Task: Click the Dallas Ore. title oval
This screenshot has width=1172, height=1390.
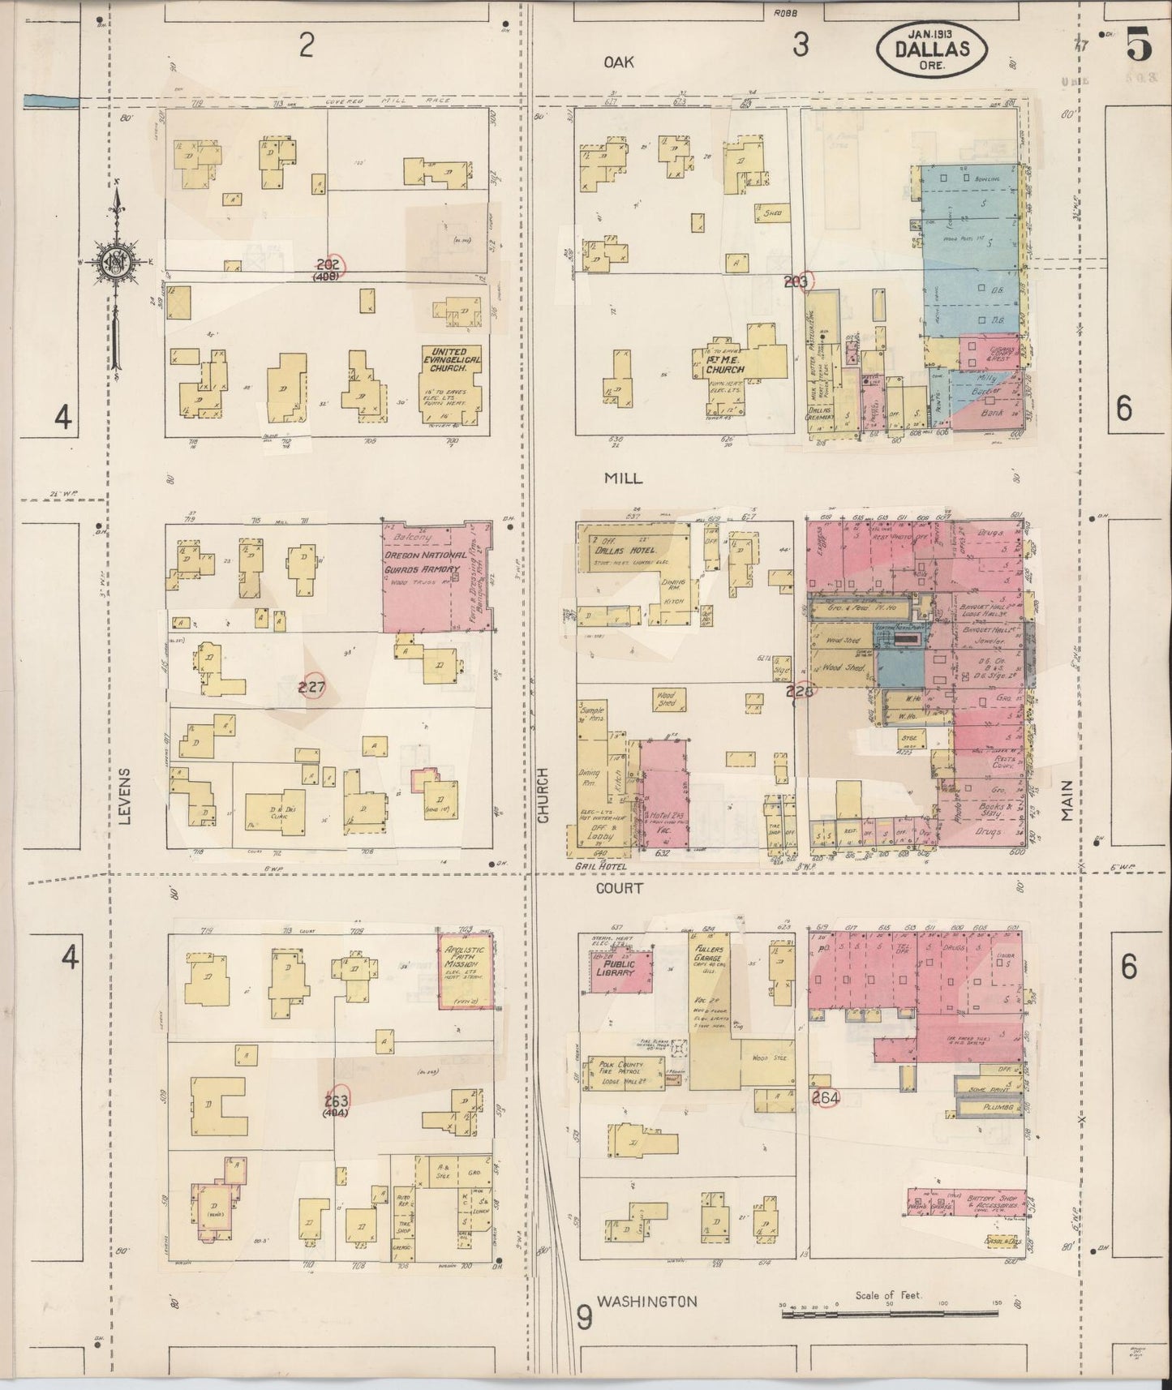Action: click(x=932, y=49)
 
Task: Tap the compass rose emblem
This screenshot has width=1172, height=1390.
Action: click(x=111, y=261)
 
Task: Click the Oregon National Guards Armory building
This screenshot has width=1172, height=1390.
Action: click(x=436, y=577)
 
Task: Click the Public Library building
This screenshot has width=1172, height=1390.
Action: click(x=620, y=970)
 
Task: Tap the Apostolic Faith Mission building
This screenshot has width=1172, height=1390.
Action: click(x=466, y=971)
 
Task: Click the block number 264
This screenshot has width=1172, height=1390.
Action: click(x=826, y=1098)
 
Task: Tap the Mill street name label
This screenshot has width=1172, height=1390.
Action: click(x=623, y=478)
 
